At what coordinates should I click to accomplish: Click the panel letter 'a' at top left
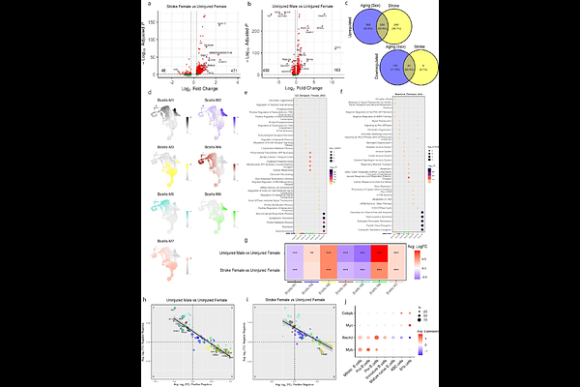click(x=148, y=5)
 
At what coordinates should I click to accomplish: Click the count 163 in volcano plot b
click(x=335, y=72)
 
